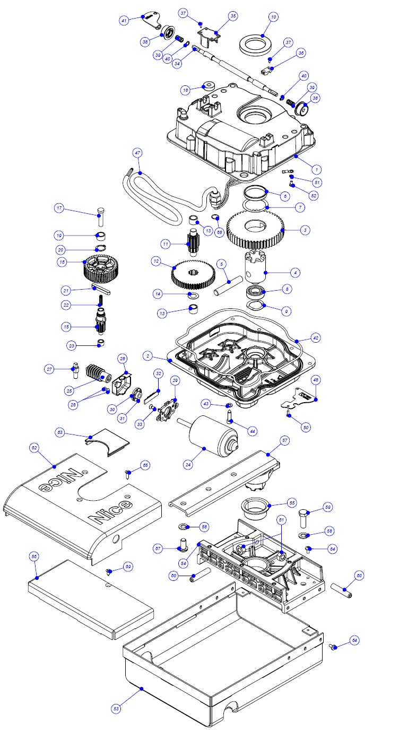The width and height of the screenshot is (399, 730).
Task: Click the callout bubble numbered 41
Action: click(x=124, y=20)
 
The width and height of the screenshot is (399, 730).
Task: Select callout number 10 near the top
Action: click(x=273, y=17)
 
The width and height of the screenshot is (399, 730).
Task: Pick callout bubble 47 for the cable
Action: click(x=137, y=153)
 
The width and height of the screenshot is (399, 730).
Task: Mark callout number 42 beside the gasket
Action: click(x=315, y=337)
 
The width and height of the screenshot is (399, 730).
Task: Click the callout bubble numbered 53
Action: click(x=116, y=708)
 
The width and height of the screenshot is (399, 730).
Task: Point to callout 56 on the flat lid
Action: click(x=34, y=556)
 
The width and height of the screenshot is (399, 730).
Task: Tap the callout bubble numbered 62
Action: click(x=34, y=448)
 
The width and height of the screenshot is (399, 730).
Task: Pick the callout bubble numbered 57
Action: click(x=284, y=440)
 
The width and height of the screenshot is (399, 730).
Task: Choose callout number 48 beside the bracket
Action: click(x=315, y=379)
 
